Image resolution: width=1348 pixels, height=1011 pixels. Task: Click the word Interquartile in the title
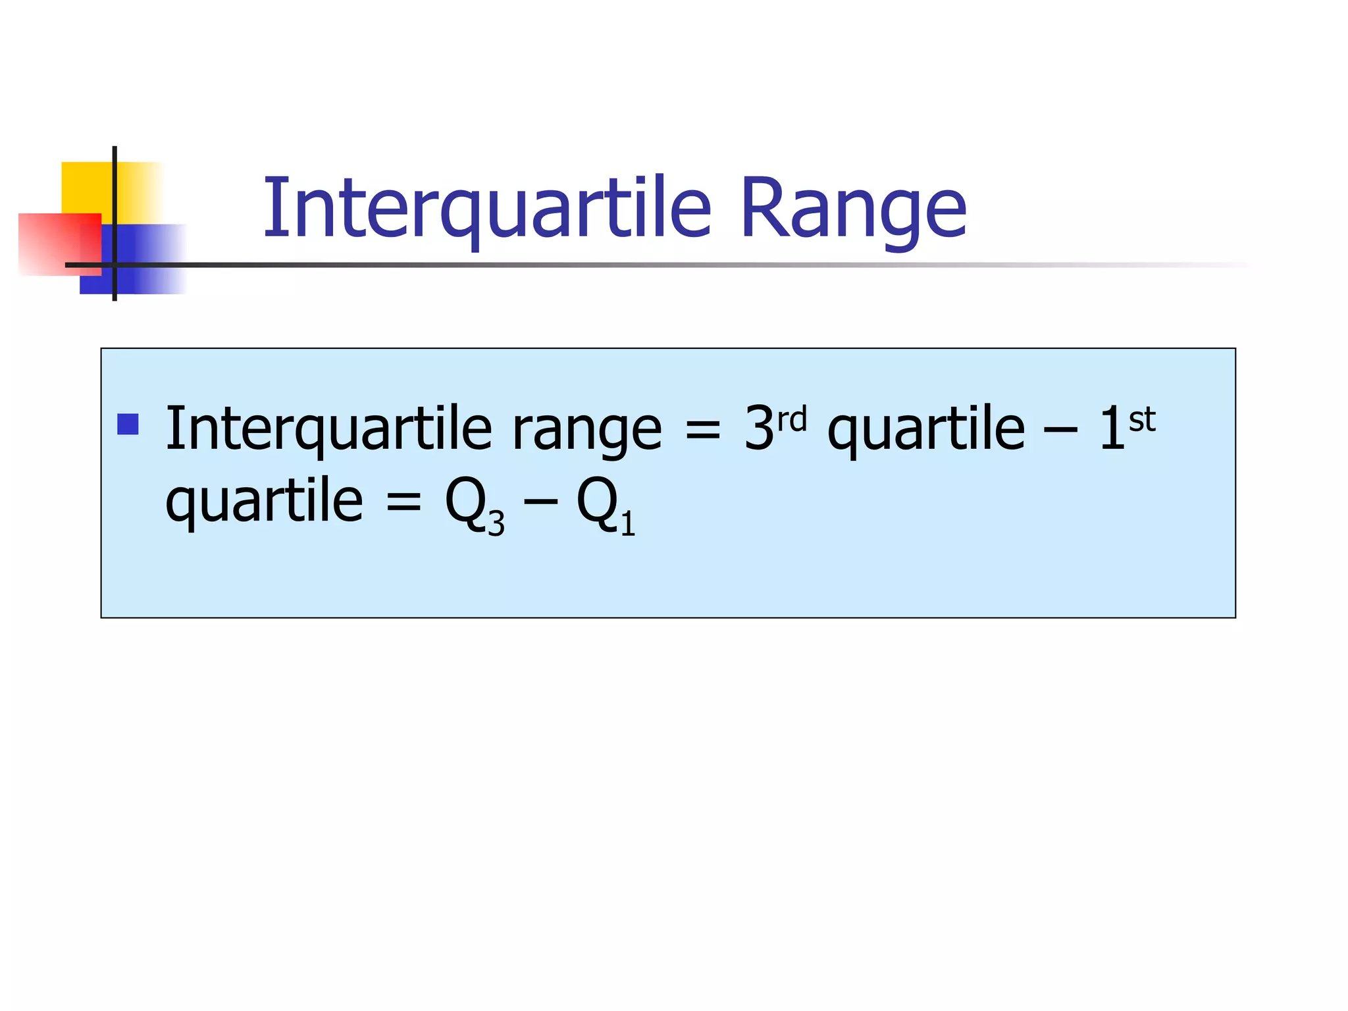(487, 209)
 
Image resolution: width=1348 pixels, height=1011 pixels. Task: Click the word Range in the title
(853, 209)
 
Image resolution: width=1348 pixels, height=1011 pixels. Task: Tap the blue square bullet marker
(128, 424)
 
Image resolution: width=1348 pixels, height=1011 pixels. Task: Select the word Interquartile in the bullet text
(328, 429)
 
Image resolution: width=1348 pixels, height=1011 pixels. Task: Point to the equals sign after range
(703, 429)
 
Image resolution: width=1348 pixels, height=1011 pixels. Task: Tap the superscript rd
(792, 419)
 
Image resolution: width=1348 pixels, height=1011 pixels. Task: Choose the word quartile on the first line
(926, 431)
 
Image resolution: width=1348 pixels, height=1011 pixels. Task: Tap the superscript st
(1142, 419)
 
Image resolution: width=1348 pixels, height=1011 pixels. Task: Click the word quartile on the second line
(264, 502)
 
